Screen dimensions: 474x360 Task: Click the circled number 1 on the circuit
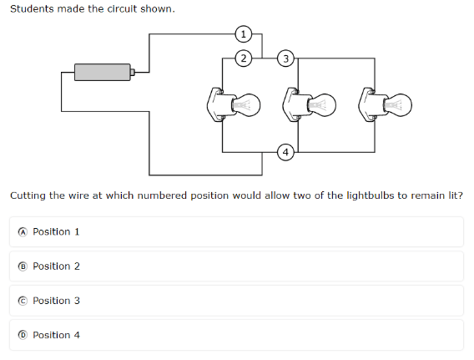[x=244, y=34]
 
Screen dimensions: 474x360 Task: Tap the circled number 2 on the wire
[x=244, y=58]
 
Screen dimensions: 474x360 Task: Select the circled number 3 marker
[x=285, y=58]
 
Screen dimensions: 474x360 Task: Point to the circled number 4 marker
[x=285, y=152]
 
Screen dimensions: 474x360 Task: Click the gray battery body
[x=103, y=73]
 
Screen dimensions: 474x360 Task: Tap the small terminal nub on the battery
[x=133, y=73]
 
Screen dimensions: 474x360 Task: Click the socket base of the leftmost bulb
[x=219, y=105]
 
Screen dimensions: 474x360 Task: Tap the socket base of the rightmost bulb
[x=371, y=105]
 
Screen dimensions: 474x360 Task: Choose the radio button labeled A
[x=23, y=232]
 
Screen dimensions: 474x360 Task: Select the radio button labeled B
[x=23, y=266]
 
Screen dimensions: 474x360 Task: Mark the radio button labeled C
[x=23, y=301]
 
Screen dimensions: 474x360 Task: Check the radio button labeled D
[x=23, y=335]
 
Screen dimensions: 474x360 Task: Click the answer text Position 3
[x=56, y=301]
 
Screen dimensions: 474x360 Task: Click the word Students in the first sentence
[x=32, y=9]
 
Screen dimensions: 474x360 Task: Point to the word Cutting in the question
[x=28, y=196]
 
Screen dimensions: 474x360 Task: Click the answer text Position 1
[x=56, y=231]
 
